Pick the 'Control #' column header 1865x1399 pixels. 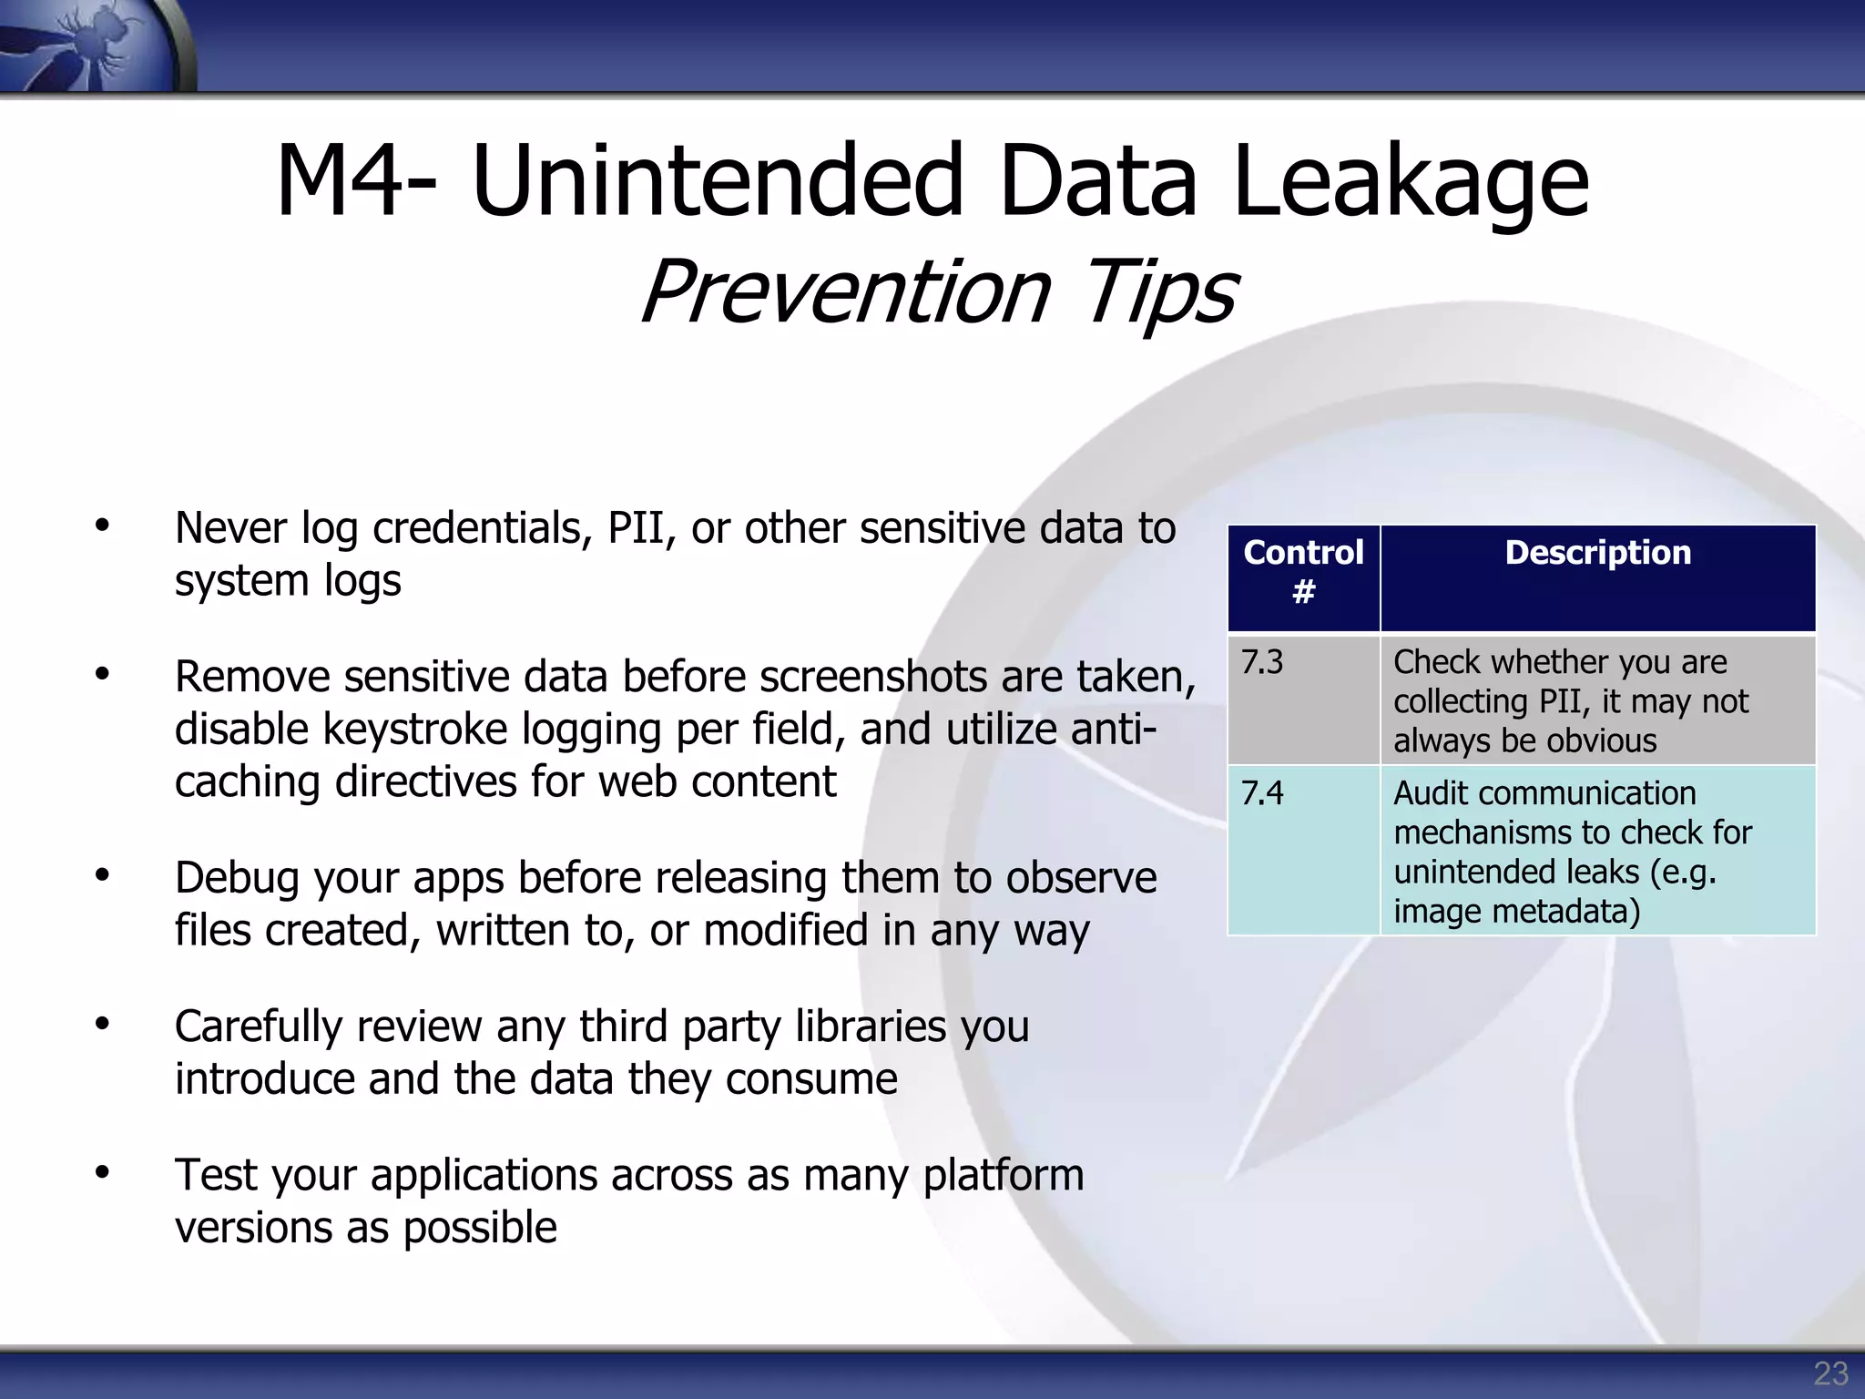(x=1303, y=572)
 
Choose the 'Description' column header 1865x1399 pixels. (x=1597, y=553)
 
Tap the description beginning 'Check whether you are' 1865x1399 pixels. (x=1570, y=700)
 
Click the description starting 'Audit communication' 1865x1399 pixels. (x=1572, y=852)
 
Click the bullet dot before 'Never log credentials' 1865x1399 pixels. (x=102, y=526)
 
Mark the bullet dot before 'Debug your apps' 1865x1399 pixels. (x=102, y=875)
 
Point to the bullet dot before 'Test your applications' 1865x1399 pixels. (x=102, y=1172)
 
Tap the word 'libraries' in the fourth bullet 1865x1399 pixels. (x=871, y=1026)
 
